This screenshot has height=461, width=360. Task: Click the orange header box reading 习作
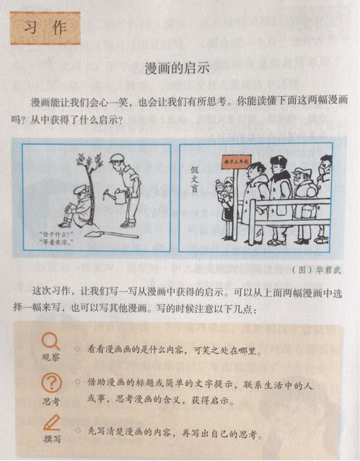click(x=45, y=27)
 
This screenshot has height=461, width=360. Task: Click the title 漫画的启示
click(x=177, y=69)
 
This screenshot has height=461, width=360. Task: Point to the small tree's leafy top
click(x=89, y=165)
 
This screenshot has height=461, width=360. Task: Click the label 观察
click(x=51, y=357)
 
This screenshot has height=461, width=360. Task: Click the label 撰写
click(x=51, y=438)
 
